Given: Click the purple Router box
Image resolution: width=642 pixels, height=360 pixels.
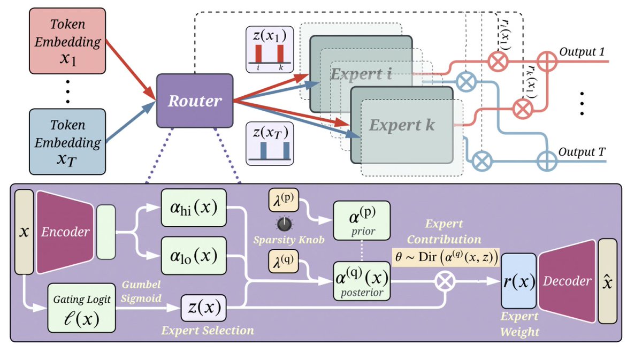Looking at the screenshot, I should (x=195, y=101).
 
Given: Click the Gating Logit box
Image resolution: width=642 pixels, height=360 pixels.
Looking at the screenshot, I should (x=82, y=308).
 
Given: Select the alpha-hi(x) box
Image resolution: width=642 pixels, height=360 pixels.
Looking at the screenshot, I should (x=193, y=207).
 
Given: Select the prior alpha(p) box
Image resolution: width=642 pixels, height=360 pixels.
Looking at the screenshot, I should (x=362, y=220).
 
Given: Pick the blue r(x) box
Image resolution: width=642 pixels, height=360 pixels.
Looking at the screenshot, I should (x=517, y=281).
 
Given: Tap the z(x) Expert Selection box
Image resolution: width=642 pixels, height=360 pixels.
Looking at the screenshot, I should (x=203, y=308).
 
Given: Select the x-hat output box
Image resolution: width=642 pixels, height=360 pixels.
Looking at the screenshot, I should (x=607, y=281).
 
